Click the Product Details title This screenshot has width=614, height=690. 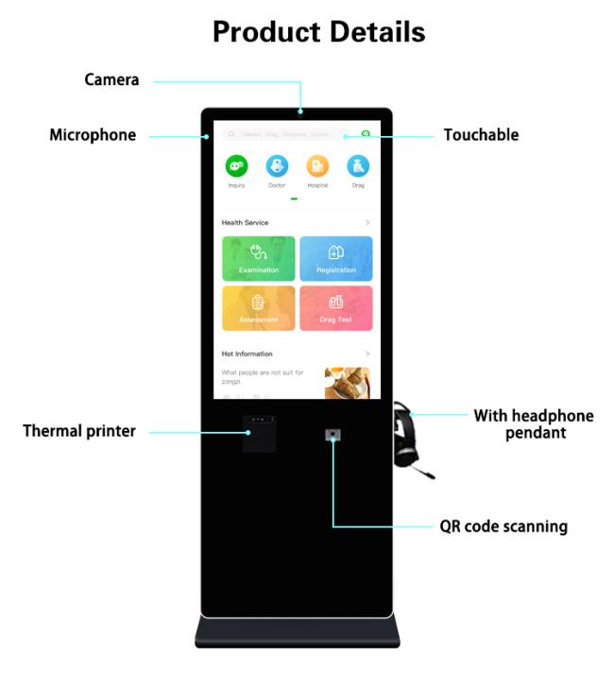click(318, 31)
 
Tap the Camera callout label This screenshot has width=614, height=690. click(111, 81)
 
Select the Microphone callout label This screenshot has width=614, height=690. click(93, 136)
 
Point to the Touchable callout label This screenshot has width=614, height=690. click(481, 136)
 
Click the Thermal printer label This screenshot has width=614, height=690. click(79, 432)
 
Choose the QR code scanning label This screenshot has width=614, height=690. click(503, 526)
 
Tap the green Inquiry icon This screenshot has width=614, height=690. click(236, 166)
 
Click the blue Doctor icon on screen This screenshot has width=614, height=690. click(277, 166)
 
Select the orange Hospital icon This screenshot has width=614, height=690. click(317, 166)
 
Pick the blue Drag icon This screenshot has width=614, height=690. click(358, 166)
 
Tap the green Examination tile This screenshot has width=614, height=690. click(259, 258)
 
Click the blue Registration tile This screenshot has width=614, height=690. click(336, 258)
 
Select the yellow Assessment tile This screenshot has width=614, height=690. click(259, 308)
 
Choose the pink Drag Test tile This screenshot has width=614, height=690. click(336, 308)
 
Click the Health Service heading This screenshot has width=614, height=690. click(246, 223)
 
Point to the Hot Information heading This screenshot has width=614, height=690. click(247, 354)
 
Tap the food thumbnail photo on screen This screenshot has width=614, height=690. click(347, 383)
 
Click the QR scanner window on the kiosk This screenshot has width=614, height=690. click(333, 436)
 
